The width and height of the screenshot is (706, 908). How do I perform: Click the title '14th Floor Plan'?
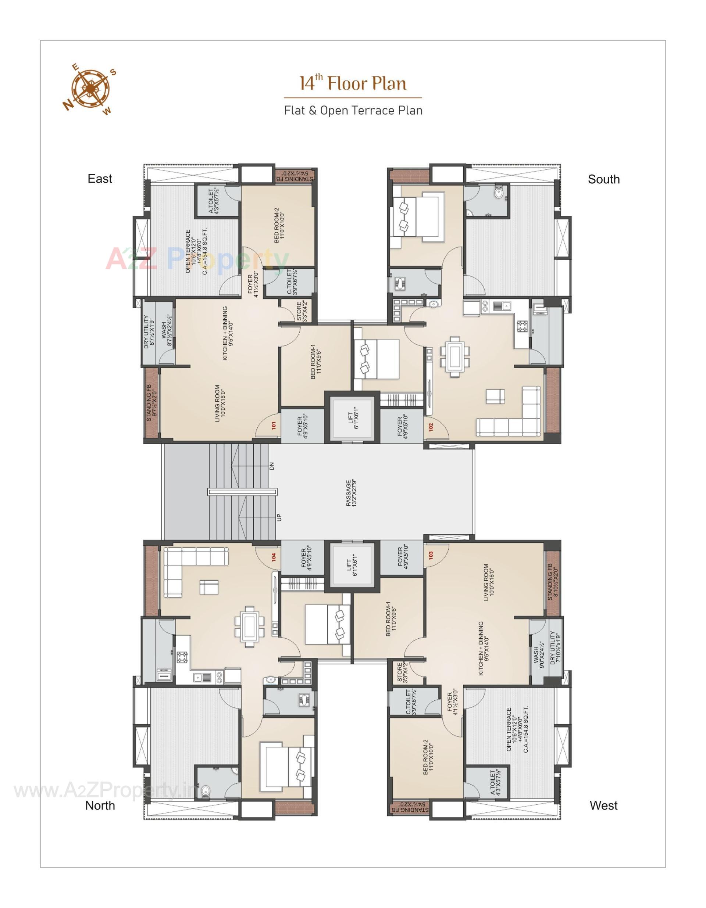[x=353, y=83]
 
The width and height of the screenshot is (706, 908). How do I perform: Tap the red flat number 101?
[x=274, y=426]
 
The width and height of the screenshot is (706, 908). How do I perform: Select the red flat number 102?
[x=431, y=427]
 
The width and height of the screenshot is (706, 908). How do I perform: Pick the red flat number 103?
[x=431, y=555]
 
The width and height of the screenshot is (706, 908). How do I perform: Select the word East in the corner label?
[x=100, y=179]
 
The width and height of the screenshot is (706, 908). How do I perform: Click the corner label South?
[x=603, y=179]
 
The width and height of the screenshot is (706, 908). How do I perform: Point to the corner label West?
[x=603, y=805]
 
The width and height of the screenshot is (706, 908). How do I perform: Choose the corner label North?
[x=100, y=805]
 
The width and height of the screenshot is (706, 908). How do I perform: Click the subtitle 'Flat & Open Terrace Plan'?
[x=353, y=111]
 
